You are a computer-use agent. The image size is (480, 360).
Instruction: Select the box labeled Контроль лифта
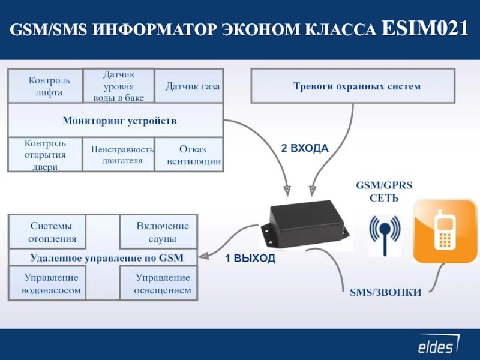tap(45, 86)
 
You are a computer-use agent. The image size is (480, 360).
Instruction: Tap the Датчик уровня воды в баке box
tap(118, 86)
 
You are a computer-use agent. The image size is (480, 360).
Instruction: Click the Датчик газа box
tap(192, 86)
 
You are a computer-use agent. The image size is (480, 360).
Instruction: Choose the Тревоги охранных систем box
tap(356, 86)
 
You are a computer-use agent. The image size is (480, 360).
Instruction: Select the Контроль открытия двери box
tap(45, 155)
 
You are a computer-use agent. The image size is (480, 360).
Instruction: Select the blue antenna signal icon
tap(384, 234)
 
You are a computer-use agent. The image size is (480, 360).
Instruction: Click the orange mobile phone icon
tap(444, 231)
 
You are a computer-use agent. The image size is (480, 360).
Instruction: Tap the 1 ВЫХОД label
tap(250, 259)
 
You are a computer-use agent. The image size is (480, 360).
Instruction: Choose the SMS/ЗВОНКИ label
tap(385, 292)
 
